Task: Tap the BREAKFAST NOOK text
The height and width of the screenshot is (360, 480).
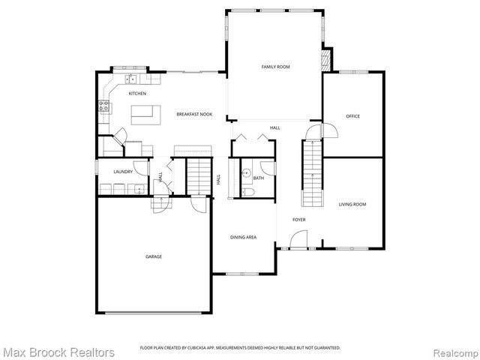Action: pos(194,114)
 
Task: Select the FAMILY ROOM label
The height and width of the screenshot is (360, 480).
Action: pos(275,67)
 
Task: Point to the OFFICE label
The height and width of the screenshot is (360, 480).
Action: pos(352,116)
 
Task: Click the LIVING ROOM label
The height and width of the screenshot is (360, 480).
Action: pos(352,204)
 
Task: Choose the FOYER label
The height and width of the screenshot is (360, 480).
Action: pos(299,220)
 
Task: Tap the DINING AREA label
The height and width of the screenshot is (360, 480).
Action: pos(243,237)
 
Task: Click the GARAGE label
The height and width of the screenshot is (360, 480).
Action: pos(154,256)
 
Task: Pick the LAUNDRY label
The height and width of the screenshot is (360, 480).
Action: pos(123,172)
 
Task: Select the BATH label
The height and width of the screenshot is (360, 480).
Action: pos(259,178)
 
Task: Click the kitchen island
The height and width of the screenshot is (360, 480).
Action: pos(145,115)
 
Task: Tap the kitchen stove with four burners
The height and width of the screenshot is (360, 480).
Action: pos(103,106)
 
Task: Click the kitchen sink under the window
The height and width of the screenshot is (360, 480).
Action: pos(130,78)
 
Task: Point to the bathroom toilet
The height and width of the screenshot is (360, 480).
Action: pos(250,193)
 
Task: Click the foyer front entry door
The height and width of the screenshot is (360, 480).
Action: pos(298,242)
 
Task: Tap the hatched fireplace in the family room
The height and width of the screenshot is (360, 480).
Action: pos(326,60)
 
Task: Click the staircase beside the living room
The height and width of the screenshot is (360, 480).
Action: pos(311,174)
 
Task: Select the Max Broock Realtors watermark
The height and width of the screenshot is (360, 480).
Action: pos(58,351)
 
